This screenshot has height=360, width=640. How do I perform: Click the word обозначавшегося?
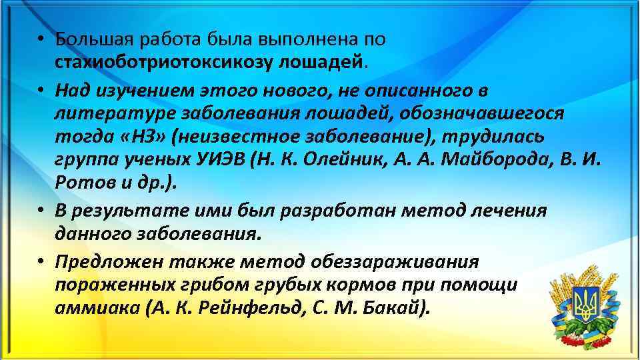481,113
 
